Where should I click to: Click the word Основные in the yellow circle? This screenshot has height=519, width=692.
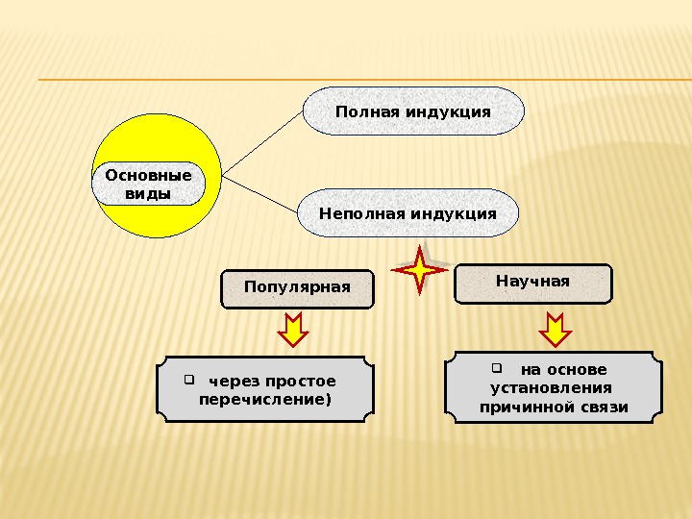point(148,176)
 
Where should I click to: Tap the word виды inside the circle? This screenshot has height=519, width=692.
point(148,194)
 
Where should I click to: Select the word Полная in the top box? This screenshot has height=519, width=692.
point(366,111)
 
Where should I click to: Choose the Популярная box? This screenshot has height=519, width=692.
point(297,287)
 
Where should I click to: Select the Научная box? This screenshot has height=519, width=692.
point(532,283)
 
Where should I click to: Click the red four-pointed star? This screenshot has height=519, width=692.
point(421,269)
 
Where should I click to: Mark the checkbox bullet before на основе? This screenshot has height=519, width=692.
point(497,367)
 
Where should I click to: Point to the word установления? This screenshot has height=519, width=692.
point(552,388)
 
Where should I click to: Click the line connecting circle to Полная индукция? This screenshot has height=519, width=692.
point(262,144)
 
